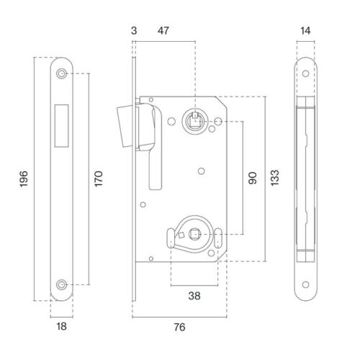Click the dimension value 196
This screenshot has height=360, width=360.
coord(24,179)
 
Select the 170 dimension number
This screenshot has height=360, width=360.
coord(99,179)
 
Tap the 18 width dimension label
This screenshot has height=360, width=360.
coord(61,326)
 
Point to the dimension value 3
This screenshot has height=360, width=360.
coord(134,31)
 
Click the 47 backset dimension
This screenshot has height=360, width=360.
coord(163,31)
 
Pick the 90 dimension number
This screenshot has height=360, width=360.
coord(253,178)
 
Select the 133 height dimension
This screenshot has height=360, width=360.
coord(275,178)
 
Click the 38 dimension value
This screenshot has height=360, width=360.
coord(194,296)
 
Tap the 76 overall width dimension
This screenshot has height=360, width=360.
coord(179,327)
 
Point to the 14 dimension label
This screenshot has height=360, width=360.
coord(305,31)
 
